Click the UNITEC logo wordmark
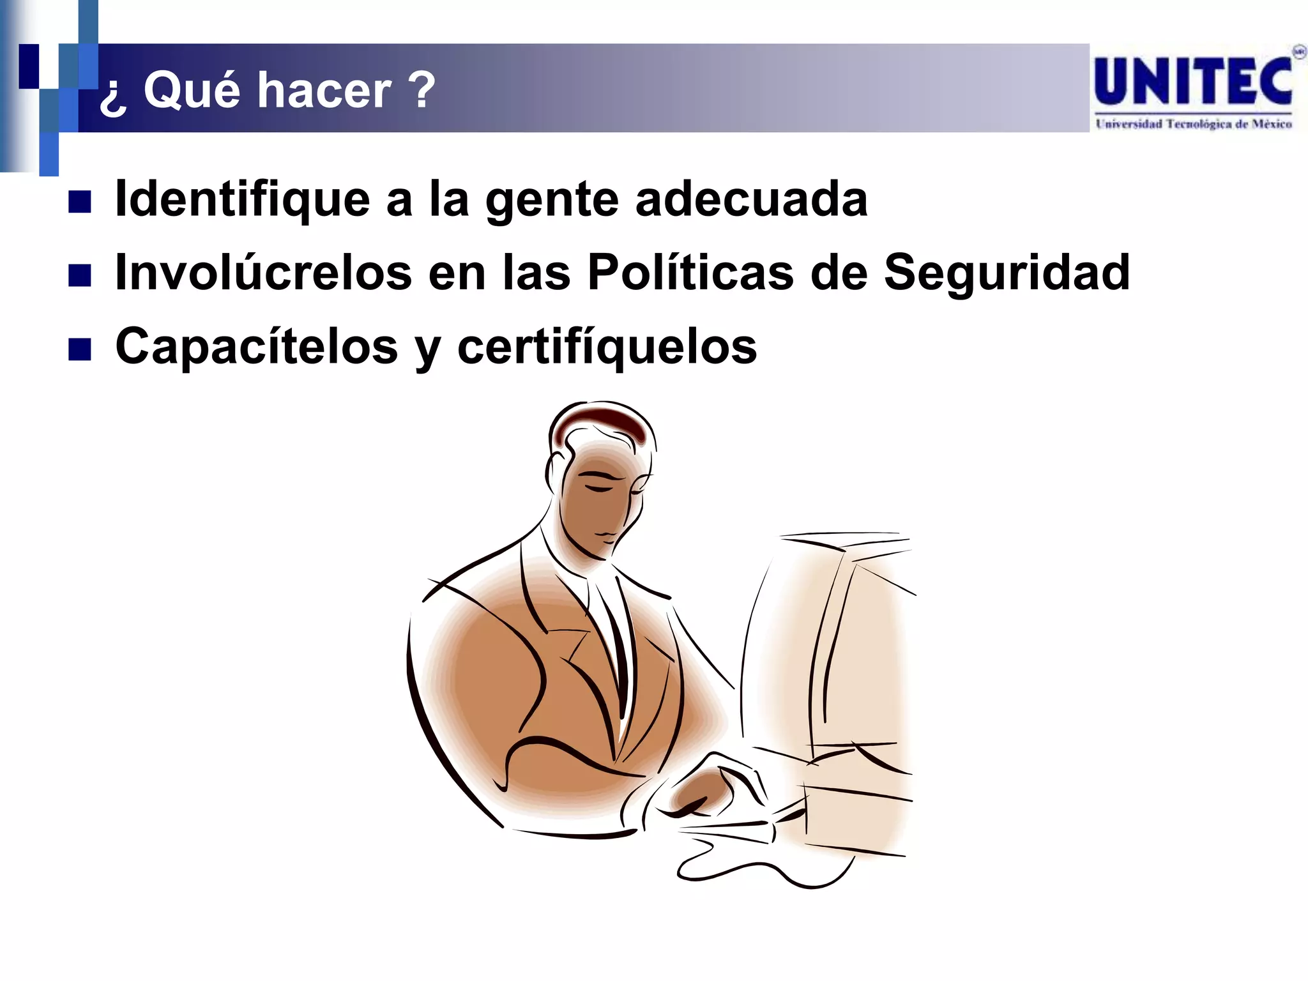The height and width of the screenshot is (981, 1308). coord(1193,82)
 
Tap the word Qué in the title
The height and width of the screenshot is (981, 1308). coord(192,90)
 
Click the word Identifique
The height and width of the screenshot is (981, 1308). coord(242,200)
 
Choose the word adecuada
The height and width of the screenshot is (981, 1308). coord(752,200)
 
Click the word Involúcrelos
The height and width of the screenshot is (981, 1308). coord(263,273)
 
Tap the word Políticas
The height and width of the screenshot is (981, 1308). coord(690,273)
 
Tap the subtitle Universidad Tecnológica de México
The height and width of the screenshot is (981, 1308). coord(1193,124)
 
